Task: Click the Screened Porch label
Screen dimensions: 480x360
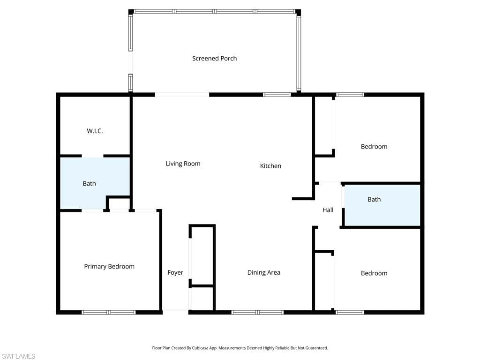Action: click(214, 59)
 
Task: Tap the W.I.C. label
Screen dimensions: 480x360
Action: click(95, 131)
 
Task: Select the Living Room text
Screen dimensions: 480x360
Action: click(183, 164)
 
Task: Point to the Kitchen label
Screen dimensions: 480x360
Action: click(270, 166)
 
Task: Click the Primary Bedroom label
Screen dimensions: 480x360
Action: click(109, 267)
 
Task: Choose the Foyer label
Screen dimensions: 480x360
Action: click(175, 272)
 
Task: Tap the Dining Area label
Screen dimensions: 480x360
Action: click(264, 272)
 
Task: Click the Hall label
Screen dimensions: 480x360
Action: click(328, 210)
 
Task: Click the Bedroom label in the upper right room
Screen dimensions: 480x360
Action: click(374, 147)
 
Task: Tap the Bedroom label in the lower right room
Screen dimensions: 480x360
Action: click(374, 273)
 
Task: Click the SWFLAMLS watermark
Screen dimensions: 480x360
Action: click(18, 356)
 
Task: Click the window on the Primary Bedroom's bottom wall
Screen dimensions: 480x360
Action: click(109, 312)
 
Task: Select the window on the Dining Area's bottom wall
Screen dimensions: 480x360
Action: click(257, 312)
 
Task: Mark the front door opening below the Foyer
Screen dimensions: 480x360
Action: click(175, 312)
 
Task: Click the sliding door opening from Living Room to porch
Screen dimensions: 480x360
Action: click(182, 95)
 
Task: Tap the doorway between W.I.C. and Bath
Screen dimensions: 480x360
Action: click(92, 156)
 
